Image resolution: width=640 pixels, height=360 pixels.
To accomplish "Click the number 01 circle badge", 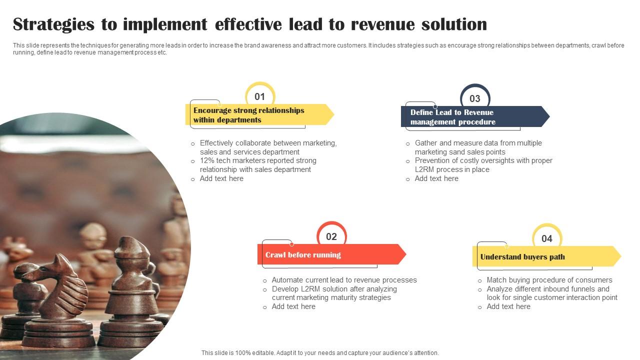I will pyautogui.click(x=259, y=96).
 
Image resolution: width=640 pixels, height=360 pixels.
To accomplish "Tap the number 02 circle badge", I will pyautogui.click(x=331, y=236).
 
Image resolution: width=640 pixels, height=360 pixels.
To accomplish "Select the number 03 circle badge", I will pyautogui.click(x=474, y=98).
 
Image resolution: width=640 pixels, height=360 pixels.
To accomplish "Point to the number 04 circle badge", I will pyautogui.click(x=547, y=238).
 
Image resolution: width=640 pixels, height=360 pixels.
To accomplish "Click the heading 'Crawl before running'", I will pyautogui.click(x=303, y=255).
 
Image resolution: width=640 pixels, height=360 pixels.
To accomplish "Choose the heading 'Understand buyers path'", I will pyautogui.click(x=522, y=257).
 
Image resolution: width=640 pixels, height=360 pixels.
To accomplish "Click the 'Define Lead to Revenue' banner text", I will pyautogui.click(x=452, y=112).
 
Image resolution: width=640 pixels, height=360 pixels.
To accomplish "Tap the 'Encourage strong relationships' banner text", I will pyautogui.click(x=248, y=110).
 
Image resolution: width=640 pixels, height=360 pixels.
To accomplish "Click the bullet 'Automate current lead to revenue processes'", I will pyautogui.click(x=344, y=280).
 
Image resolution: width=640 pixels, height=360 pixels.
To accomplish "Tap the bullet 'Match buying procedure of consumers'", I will pyautogui.click(x=549, y=280).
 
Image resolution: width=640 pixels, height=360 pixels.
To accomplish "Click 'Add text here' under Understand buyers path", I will pyautogui.click(x=508, y=306).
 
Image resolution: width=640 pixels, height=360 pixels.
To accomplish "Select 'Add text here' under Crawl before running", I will pyautogui.click(x=293, y=306).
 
